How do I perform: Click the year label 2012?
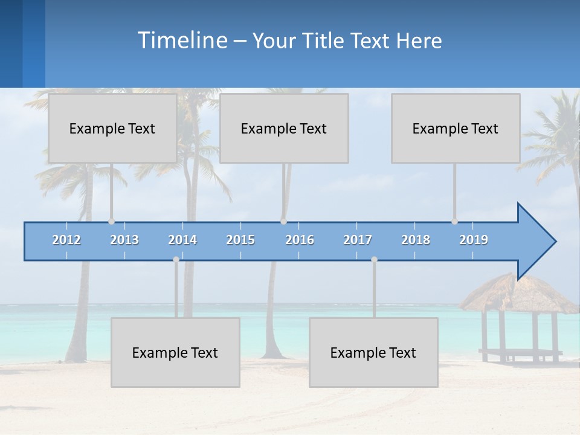[66, 240]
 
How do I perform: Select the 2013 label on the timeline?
[124, 240]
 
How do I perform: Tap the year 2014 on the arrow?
[182, 240]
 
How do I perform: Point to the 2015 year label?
[240, 240]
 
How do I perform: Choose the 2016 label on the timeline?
[300, 240]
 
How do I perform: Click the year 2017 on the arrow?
[358, 240]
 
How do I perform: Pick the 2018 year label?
[416, 240]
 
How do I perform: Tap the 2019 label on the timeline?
[474, 240]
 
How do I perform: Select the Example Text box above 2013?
[112, 128]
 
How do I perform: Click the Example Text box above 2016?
[284, 128]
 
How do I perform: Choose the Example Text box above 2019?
[456, 128]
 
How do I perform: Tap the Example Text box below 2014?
[175, 352]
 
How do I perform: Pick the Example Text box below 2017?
[373, 352]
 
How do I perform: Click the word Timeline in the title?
[182, 40]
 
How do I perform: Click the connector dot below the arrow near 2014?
[176, 259]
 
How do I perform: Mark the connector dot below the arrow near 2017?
[374, 259]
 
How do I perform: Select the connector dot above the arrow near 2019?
[454, 221]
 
